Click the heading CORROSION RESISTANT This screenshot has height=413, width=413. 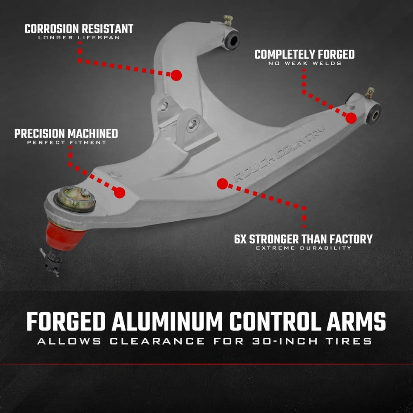coord(79,29)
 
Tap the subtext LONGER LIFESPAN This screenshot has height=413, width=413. coord(79,38)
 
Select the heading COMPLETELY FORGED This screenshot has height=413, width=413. coord(304,55)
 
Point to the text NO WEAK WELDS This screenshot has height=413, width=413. coord(304,64)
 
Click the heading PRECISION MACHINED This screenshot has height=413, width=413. coord(66,134)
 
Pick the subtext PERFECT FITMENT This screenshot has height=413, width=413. coord(66,143)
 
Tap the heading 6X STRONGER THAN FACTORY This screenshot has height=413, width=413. coord(303,239)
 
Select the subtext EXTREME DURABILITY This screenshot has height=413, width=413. coord(303,248)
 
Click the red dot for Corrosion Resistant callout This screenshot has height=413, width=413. coord(176,75)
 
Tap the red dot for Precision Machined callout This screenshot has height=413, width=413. coord(119,192)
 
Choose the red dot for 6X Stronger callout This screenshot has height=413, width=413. coord(222,184)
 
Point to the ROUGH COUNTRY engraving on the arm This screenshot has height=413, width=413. coord(279,154)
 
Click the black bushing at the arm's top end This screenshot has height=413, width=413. coord(233,40)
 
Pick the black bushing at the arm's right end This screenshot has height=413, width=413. coord(374,113)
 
